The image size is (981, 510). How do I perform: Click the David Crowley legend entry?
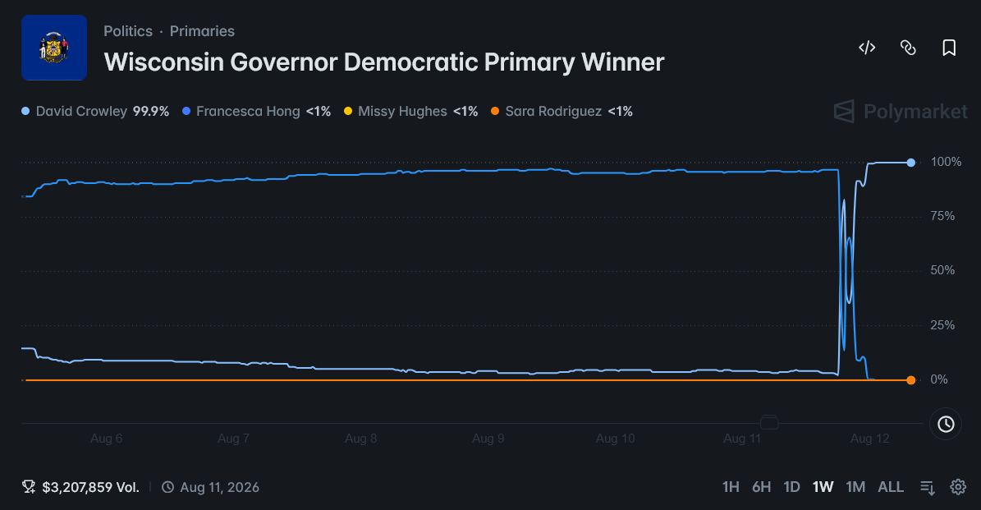tap(95, 112)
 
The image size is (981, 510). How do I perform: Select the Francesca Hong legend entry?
tap(256, 112)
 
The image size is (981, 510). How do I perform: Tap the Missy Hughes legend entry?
tap(411, 112)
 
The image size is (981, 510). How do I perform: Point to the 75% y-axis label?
tap(942, 216)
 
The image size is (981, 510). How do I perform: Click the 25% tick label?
tap(942, 324)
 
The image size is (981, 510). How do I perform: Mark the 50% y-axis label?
tap(942, 270)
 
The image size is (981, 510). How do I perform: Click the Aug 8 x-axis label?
tap(361, 438)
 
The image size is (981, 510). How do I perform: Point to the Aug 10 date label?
tap(615, 438)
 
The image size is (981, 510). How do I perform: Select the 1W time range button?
tap(823, 487)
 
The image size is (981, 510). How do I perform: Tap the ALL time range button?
tap(891, 487)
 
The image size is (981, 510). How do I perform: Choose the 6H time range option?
tap(761, 487)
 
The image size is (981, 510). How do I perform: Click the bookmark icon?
tap(949, 48)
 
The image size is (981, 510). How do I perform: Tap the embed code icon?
tap(867, 48)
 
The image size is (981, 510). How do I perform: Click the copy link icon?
tap(908, 48)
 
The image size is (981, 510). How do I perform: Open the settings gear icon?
tap(958, 487)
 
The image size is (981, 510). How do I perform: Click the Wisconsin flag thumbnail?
tap(54, 48)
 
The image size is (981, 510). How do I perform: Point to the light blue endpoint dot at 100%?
tap(911, 163)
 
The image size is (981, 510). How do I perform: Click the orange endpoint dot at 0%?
tap(911, 380)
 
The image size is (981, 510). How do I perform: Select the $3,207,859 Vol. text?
tap(91, 488)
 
